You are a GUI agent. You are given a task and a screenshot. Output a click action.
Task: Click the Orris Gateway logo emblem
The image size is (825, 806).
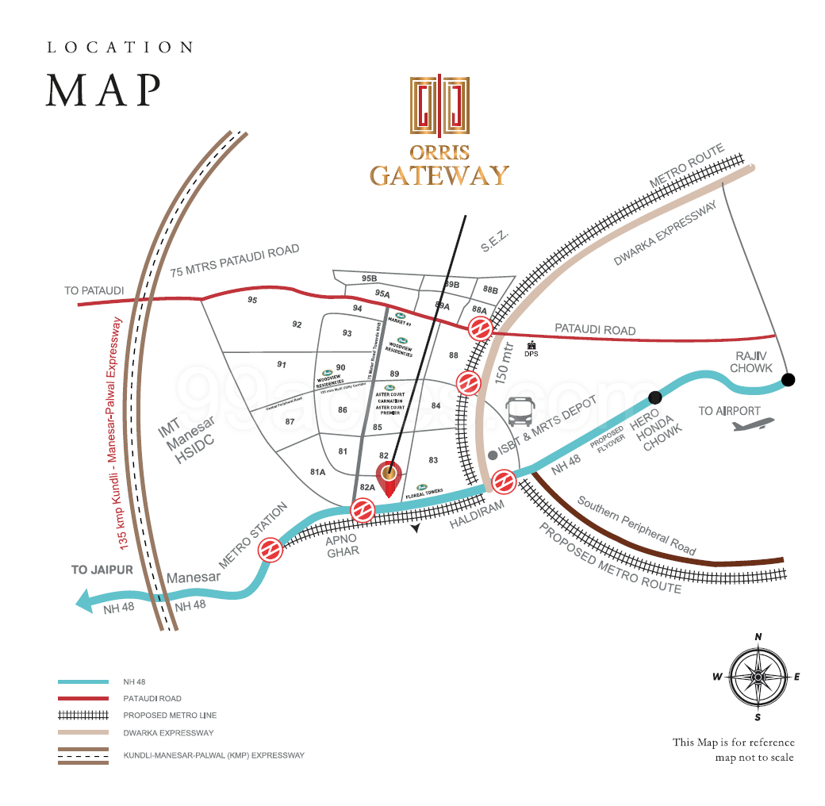coord(439,105)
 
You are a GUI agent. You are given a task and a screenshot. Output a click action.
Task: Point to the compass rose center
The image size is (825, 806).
coord(758,677)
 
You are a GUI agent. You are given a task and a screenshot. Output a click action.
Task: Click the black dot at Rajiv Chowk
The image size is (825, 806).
coord(787,380)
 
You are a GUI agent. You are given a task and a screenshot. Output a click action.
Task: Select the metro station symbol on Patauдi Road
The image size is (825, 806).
coord(479,328)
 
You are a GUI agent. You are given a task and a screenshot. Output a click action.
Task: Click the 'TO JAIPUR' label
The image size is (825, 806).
coord(101,570)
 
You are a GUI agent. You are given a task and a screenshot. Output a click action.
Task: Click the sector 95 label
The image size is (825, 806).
coord(252,300)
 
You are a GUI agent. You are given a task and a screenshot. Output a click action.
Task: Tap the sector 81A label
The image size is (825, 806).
coord(318,472)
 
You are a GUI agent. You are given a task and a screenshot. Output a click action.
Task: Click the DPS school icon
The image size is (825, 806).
coord(531,346)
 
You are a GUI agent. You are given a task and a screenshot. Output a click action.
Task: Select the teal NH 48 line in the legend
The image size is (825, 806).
coord(82,681)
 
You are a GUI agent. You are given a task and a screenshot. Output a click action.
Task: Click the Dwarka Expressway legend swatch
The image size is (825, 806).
coord(82,732)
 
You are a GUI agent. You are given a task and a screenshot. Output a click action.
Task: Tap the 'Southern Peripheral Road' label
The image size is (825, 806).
coord(636,526)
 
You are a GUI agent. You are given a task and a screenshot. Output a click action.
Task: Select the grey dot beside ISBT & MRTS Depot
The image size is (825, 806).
coord(493,455)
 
